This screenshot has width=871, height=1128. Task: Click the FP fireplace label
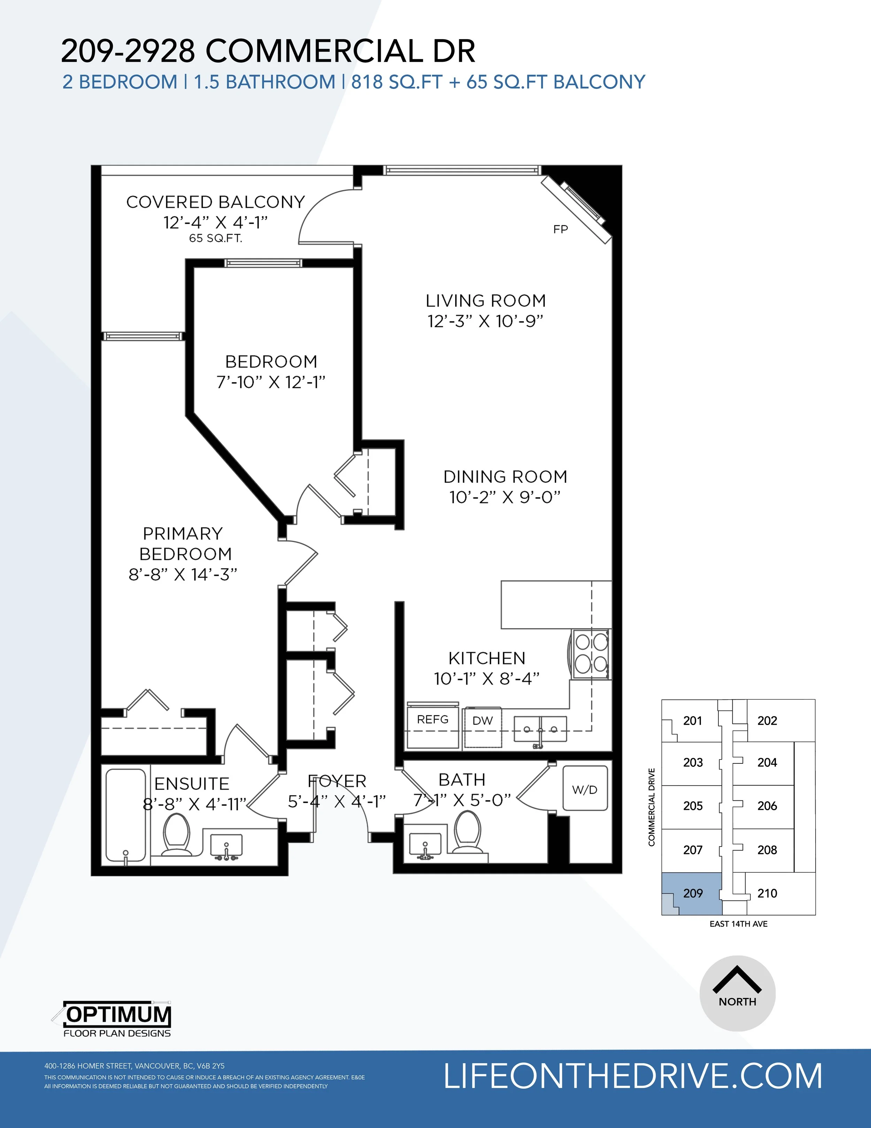(560, 229)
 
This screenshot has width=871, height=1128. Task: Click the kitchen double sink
(540, 729)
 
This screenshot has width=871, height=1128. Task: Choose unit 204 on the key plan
(767, 762)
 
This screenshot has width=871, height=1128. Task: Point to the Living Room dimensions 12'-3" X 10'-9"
(485, 321)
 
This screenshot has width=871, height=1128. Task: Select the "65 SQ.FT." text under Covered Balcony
(215, 239)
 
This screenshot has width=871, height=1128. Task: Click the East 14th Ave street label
(738, 924)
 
